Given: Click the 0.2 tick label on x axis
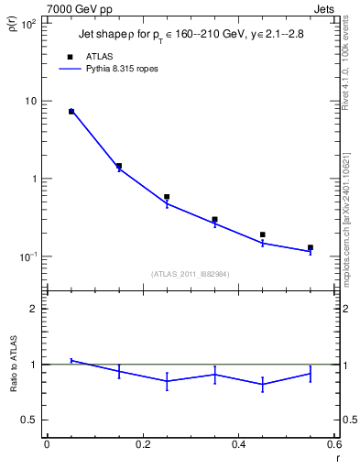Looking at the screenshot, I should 142,444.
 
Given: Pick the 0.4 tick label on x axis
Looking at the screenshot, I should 238,444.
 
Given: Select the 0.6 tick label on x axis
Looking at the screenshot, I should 334,444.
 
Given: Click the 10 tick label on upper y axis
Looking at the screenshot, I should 30,101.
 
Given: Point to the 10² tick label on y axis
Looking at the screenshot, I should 28,23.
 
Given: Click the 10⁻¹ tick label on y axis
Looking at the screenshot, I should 28,256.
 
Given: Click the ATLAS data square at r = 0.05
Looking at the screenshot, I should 71,111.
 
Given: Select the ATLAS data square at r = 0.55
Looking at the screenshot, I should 311,247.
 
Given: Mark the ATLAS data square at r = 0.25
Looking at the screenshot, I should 167,197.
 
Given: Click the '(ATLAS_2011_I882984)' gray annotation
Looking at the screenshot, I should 190,274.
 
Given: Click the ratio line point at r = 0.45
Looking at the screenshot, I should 263,384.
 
